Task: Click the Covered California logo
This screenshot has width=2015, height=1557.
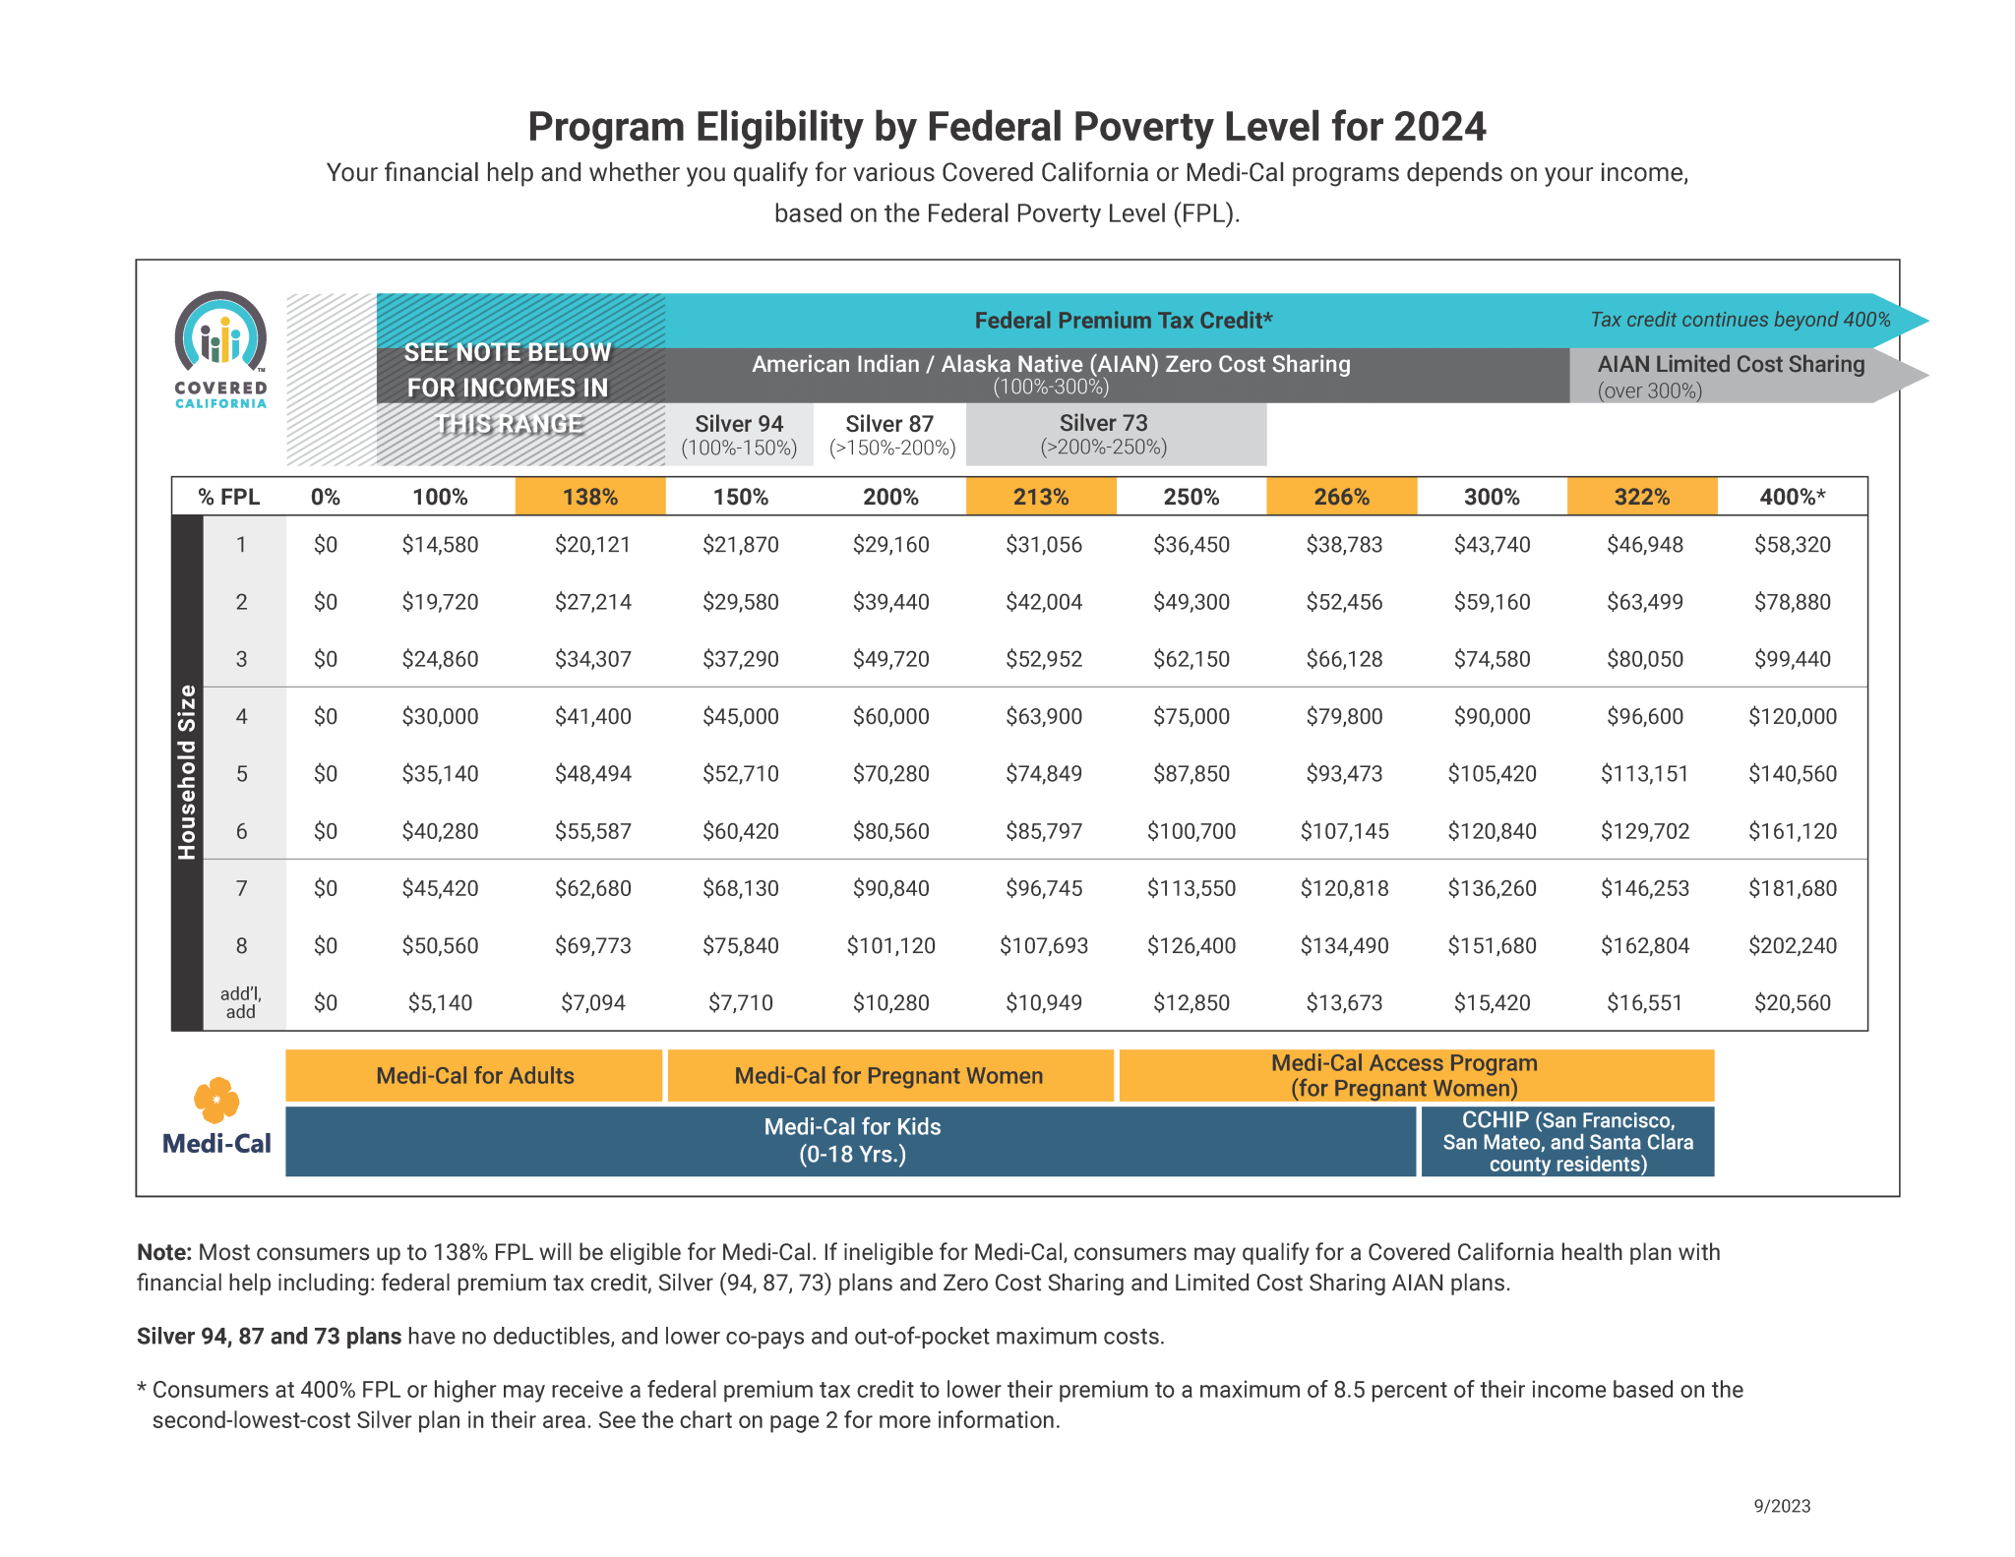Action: pyautogui.click(x=220, y=349)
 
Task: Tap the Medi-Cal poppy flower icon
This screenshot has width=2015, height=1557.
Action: pyautogui.click(x=216, y=1099)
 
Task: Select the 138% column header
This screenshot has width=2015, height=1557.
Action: pyautogui.click(x=590, y=497)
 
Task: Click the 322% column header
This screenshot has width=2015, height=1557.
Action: pyautogui.click(x=1641, y=497)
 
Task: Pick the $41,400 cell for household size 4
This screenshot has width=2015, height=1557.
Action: pyautogui.click(x=592, y=716)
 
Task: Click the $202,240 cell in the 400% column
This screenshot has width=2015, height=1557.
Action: pyautogui.click(x=1792, y=945)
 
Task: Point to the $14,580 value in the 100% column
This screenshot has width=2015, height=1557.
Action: pyautogui.click(x=440, y=544)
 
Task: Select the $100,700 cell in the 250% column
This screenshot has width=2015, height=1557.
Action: pyautogui.click(x=1191, y=831)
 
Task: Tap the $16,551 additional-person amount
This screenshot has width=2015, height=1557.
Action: pyautogui.click(x=1644, y=1002)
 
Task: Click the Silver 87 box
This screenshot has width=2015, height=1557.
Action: pyautogui.click(x=890, y=434)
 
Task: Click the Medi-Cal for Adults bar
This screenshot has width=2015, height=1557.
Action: pyautogui.click(x=474, y=1075)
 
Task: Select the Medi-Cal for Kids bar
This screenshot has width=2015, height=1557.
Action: pyautogui.click(x=852, y=1140)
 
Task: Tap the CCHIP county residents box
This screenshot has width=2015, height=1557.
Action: pyautogui.click(x=1567, y=1141)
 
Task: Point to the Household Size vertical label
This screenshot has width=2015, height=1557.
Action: pyautogui.click(x=187, y=772)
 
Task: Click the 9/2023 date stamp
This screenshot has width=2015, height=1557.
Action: pyautogui.click(x=1781, y=1506)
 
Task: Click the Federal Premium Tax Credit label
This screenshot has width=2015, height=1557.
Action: pyautogui.click(x=1123, y=320)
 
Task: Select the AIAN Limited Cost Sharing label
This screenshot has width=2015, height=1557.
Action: pyautogui.click(x=1730, y=365)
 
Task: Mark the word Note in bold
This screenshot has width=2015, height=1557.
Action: pyautogui.click(x=163, y=1252)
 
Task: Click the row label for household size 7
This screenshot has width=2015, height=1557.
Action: pyautogui.click(x=241, y=888)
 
